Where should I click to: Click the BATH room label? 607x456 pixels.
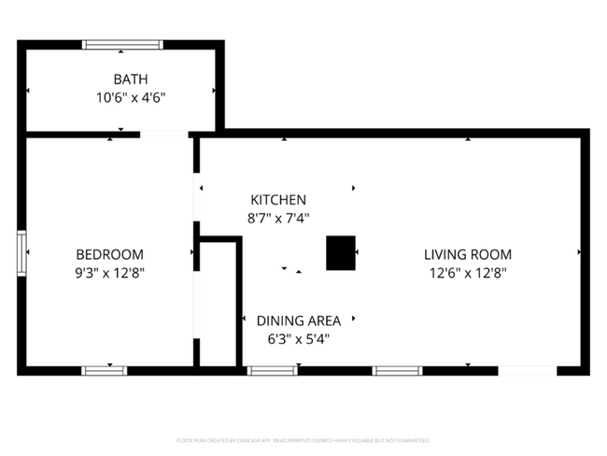pos(131,79)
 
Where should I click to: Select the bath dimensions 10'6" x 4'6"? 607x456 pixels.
pos(131,96)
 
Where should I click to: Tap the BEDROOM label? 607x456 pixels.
pos(109,254)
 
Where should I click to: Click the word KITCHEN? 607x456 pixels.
pos(278,200)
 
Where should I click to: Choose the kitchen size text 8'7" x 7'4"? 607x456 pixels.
pos(278,218)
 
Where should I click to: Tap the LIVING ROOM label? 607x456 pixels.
pos(467,254)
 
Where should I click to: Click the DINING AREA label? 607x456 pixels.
pos(299,321)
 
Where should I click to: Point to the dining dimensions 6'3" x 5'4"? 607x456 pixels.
pos(299,339)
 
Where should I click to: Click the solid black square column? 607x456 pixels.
pos(340,253)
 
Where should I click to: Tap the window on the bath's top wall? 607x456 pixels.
pos(122,44)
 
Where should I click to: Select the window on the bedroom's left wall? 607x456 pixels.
pos(21,253)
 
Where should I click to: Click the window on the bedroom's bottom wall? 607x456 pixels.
pos(105,371)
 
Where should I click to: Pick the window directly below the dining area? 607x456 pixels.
pos(273,371)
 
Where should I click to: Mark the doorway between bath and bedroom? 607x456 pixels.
pos(164,136)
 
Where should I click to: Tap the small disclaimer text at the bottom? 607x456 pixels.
pos(303,439)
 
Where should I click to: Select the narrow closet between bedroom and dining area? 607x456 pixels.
pos(218,304)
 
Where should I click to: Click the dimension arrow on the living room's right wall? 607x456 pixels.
pos(579,253)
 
